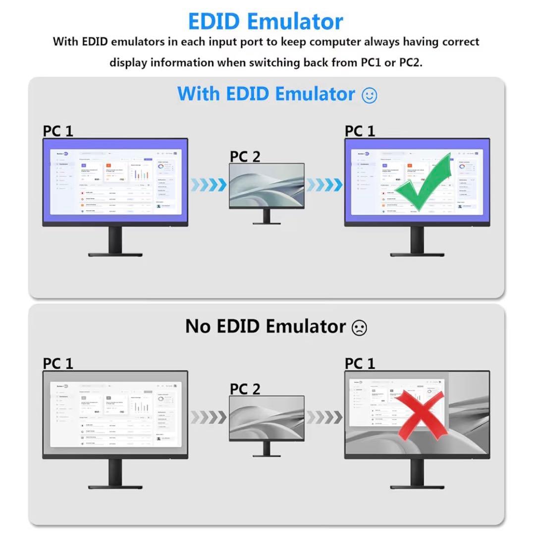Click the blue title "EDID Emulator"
point(266,21)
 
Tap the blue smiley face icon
point(370,95)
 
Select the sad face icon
point(359,327)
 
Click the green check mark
point(424,184)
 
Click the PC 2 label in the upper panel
point(245,157)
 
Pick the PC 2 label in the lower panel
point(245,389)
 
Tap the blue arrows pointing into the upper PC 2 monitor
point(209,185)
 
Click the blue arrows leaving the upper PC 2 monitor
point(324,185)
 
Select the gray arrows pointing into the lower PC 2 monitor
point(209,417)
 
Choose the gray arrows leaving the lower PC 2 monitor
point(324,417)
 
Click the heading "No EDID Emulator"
point(266,326)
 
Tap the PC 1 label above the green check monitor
point(360,131)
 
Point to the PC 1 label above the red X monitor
point(360,364)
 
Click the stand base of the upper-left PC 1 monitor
point(115,254)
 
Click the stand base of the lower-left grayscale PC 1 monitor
point(115,486)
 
